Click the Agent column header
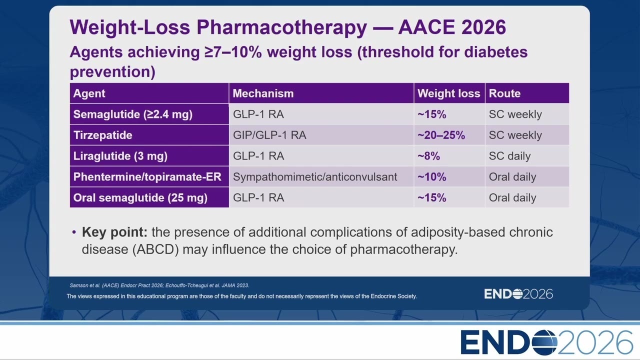click(x=89, y=93)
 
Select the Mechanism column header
click(x=263, y=93)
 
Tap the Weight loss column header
click(x=449, y=93)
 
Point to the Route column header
click(x=504, y=93)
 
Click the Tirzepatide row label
click(x=103, y=135)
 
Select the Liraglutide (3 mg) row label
click(x=120, y=156)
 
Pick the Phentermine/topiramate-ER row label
click(x=147, y=177)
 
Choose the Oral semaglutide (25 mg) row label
click(x=140, y=197)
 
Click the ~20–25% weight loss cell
click(x=441, y=135)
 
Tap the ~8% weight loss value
click(x=428, y=156)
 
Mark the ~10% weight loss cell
click(x=431, y=177)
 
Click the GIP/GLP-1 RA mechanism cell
click(x=269, y=135)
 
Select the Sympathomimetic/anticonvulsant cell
click(x=315, y=177)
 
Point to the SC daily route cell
click(x=509, y=156)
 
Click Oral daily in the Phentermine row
click(x=512, y=177)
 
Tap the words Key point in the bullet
click(x=114, y=232)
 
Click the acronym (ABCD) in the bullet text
click(x=155, y=249)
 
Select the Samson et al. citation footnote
click(x=159, y=285)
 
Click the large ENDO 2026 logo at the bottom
click(x=546, y=342)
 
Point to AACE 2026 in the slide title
click(x=452, y=27)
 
